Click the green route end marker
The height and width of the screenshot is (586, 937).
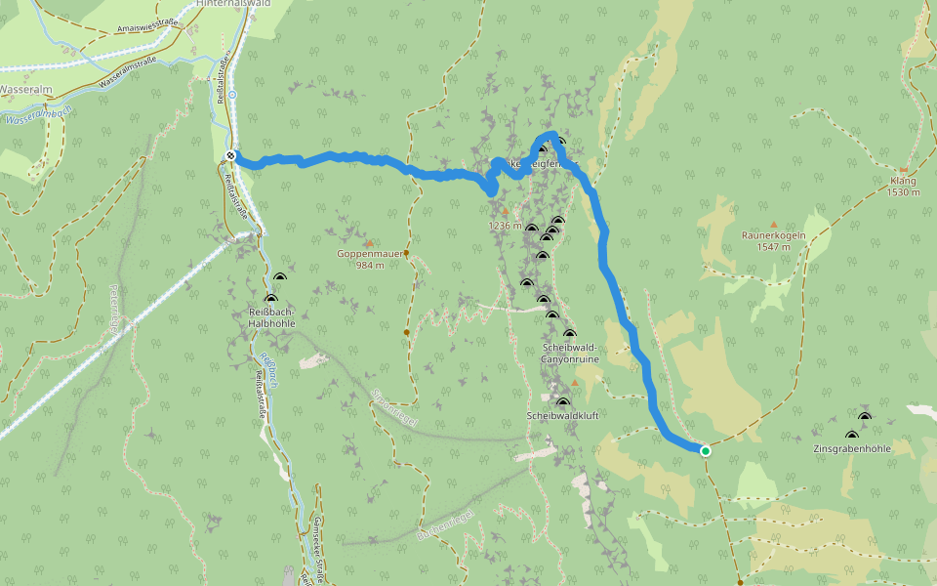point(705,450)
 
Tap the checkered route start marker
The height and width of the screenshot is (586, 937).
point(230,156)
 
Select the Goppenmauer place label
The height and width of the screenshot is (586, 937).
point(363,254)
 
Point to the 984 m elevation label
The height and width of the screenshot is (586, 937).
point(368,266)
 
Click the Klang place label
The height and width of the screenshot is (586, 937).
point(904,182)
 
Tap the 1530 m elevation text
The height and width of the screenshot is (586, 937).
point(904,192)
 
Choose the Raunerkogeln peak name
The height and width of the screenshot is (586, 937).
point(772,235)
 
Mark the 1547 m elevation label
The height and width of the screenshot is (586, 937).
point(772,247)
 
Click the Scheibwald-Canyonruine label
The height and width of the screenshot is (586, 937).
point(570,354)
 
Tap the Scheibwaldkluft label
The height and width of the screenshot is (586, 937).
point(561,416)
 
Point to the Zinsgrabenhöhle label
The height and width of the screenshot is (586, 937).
point(852,448)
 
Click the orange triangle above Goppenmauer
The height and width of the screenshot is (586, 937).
point(370,242)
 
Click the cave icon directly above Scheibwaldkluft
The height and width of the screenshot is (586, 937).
point(562,402)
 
